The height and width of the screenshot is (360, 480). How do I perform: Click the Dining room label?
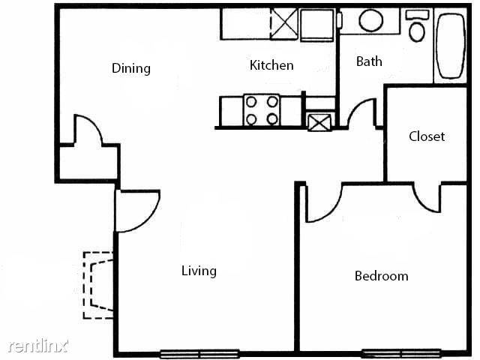tap(131, 68)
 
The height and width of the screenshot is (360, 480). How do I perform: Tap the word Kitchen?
tap(271, 65)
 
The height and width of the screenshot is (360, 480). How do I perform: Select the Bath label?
tap(369, 61)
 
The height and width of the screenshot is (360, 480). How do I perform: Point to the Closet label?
tap(427, 136)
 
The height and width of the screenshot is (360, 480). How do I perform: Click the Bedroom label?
tap(382, 276)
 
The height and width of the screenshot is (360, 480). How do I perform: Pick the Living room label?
tap(199, 271)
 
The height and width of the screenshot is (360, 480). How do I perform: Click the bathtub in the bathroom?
tap(451, 46)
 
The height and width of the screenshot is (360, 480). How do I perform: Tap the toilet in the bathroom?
tap(417, 25)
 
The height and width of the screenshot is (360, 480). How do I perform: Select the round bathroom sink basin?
tap(370, 20)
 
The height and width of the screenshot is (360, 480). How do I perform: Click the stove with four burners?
tap(262, 110)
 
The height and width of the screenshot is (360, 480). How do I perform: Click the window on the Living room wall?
tap(199, 354)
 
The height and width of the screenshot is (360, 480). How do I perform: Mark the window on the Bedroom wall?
tap(401, 353)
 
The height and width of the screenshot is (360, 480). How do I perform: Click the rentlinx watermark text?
tap(38, 346)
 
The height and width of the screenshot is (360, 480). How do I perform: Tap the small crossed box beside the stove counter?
tap(319, 122)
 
